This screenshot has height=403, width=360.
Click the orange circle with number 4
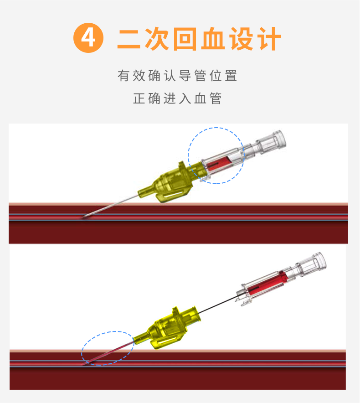[88, 38]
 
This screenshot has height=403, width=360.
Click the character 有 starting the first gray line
[124, 76]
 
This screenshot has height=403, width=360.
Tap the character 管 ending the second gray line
[216, 98]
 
